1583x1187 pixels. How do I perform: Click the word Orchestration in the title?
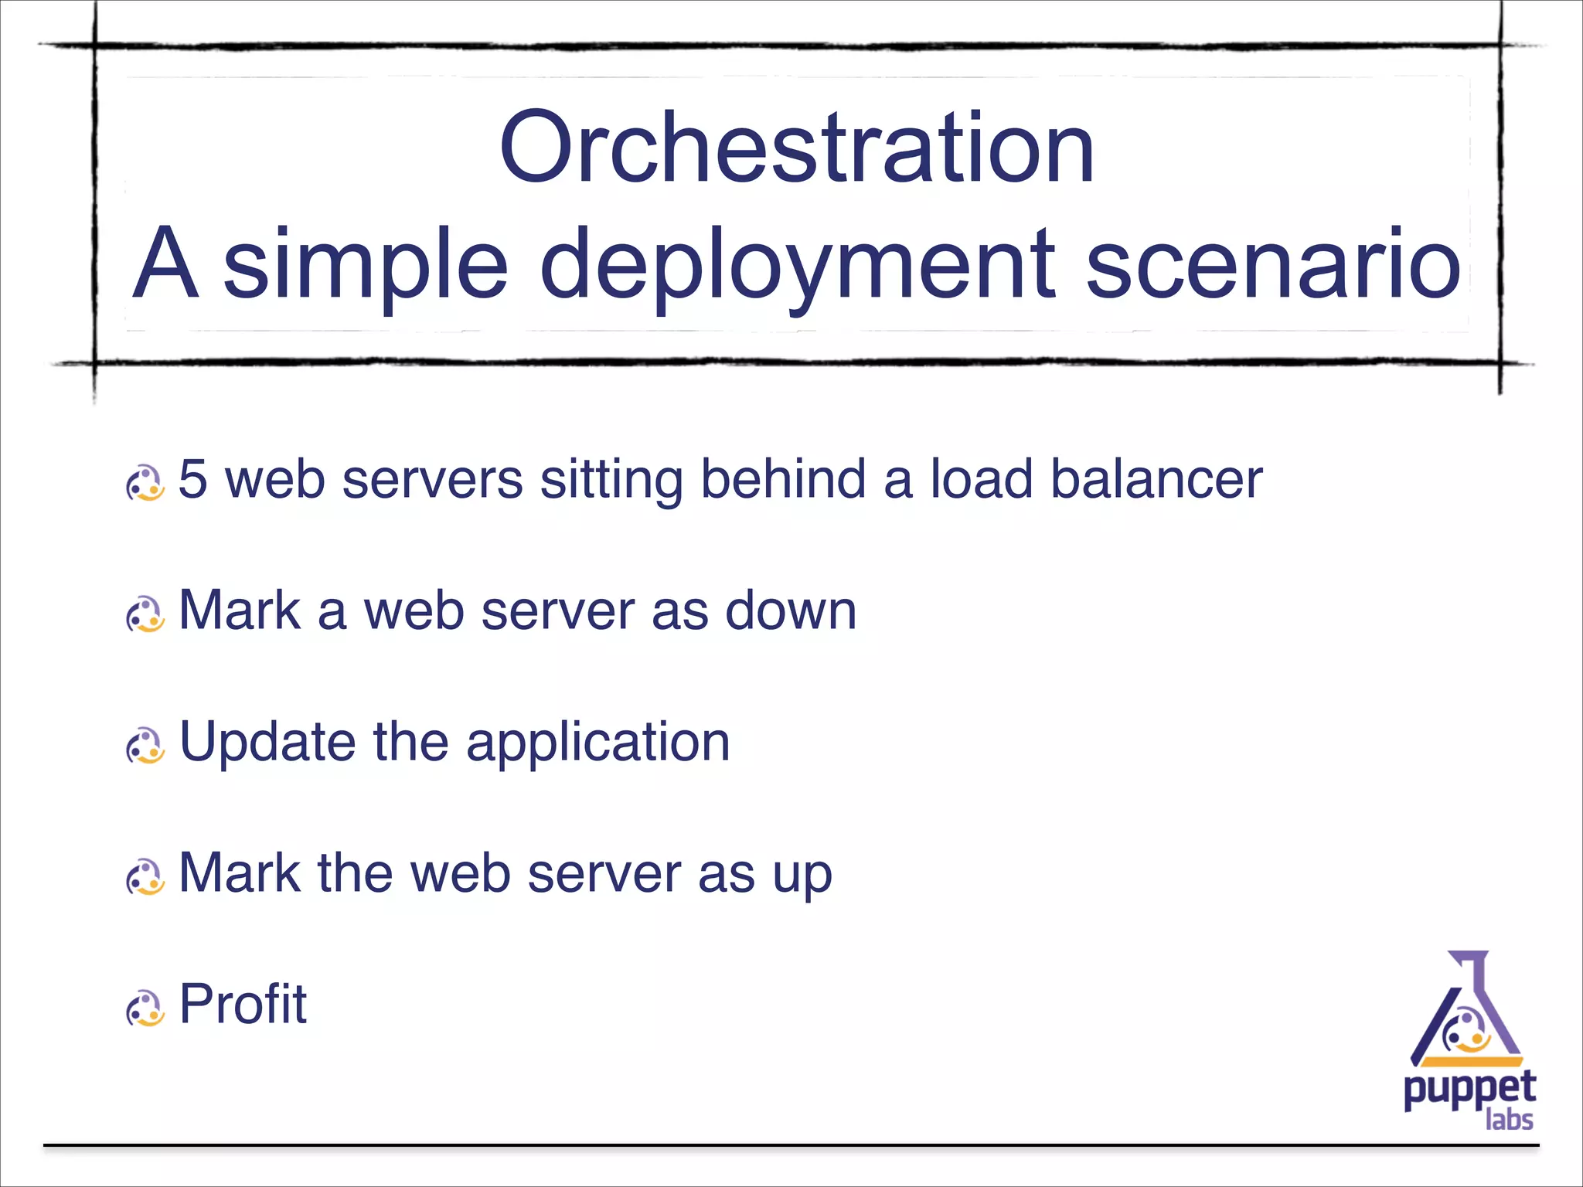pos(796,148)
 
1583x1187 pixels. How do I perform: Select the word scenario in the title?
pos(1273,267)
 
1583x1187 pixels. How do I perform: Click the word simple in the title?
pos(366,267)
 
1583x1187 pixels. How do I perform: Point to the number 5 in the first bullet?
pos(193,479)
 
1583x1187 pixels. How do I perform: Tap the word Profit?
pos(243,1005)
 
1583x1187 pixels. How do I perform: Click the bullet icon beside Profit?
pos(145,1008)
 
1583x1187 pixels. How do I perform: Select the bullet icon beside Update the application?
pos(145,746)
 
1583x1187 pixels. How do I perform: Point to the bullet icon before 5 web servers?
pos(145,483)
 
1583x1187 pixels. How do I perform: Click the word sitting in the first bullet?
pos(611,479)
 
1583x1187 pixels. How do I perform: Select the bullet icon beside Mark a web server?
pos(145,614)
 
